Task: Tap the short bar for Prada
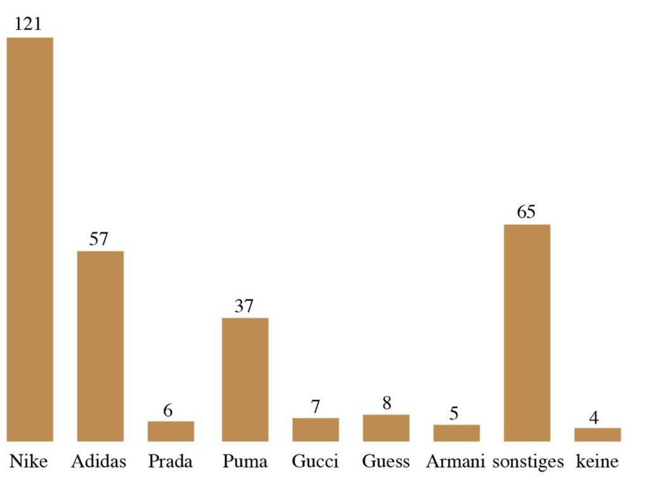170,431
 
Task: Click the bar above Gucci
315,429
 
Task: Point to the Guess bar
386,428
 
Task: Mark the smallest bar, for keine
597,434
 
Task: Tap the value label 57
99,239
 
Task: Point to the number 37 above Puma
243,306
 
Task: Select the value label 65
526,212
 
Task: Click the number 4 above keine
594,418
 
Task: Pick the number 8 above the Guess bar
387,403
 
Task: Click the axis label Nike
29,461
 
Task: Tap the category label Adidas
99,461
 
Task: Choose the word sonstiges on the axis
527,461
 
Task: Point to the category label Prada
170,461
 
